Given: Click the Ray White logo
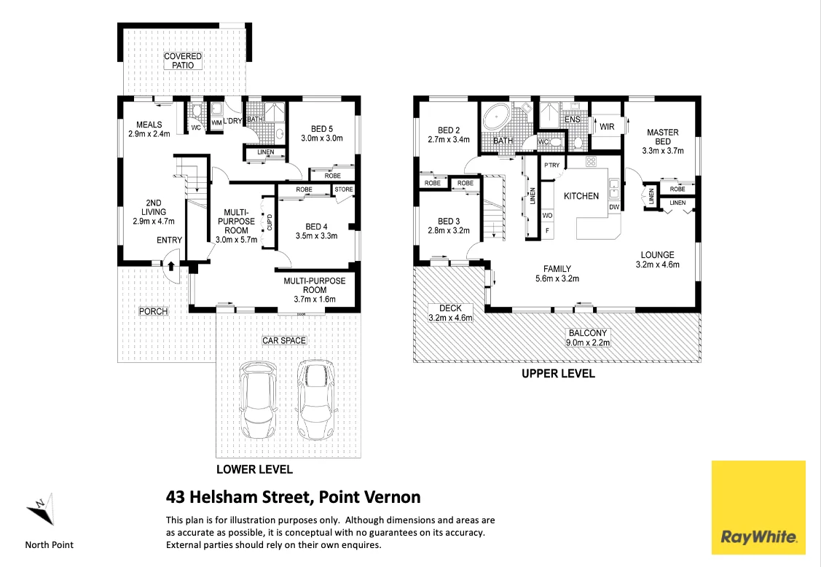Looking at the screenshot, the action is pyautogui.click(x=758, y=507).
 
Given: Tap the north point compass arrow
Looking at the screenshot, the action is pyautogui.click(x=41, y=509).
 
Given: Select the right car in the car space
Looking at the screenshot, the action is pyautogui.click(x=315, y=400).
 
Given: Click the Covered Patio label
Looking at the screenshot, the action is pyautogui.click(x=183, y=60).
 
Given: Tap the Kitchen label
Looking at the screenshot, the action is pyautogui.click(x=581, y=196).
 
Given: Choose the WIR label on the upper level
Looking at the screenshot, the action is pyautogui.click(x=607, y=127).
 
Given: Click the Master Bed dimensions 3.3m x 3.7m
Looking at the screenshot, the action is pyautogui.click(x=663, y=151).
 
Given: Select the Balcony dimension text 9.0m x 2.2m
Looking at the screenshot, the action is pyautogui.click(x=588, y=343).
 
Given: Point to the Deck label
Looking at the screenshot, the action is pyautogui.click(x=450, y=309).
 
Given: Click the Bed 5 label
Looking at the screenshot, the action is pyautogui.click(x=322, y=129).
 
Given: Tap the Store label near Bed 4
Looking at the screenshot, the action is pyautogui.click(x=344, y=189).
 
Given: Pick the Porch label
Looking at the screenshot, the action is pyautogui.click(x=154, y=311).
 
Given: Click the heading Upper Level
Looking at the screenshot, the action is pyautogui.click(x=558, y=374).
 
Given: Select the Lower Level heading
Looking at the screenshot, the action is pyautogui.click(x=254, y=469).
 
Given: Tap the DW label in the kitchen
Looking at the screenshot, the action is pyautogui.click(x=614, y=207).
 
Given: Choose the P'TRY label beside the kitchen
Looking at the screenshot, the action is pyautogui.click(x=552, y=165).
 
